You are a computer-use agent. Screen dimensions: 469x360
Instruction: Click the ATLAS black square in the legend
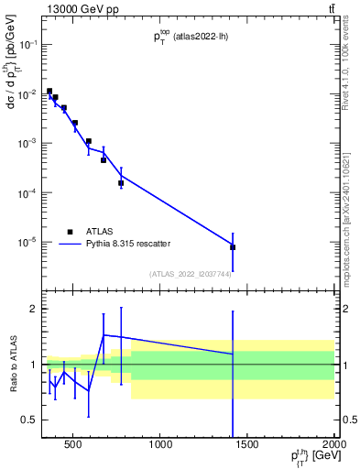pos(70,232)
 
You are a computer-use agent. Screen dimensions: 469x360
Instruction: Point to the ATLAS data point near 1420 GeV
pos(233,247)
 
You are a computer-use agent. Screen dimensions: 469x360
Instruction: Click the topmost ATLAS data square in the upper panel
pos(49,92)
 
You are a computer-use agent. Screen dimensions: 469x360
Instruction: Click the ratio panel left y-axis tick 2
pos(34,309)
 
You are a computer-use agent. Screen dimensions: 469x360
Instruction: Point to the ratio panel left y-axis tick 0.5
pos(29,420)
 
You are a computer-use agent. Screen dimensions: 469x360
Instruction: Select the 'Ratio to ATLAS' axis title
pos(11,365)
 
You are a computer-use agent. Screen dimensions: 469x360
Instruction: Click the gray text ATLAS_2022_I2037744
pos(190,274)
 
